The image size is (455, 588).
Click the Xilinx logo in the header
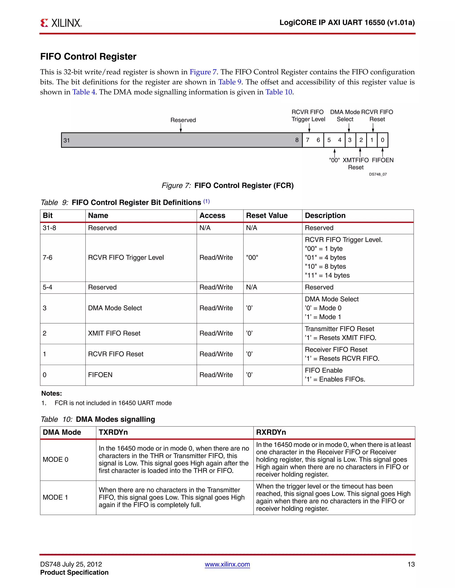coord(61,23)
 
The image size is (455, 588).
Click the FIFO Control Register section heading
coord(88,57)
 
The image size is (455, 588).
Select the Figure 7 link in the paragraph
coord(203,72)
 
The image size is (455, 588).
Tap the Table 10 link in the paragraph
coord(279,92)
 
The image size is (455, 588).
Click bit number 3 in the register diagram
coord(350,140)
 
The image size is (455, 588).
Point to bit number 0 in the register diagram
coord(382,140)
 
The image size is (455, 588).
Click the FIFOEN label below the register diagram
coord(383,160)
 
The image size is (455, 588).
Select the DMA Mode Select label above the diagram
coord(345,116)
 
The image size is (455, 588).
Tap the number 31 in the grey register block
coord(67,140)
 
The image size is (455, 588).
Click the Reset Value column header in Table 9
coord(267,215)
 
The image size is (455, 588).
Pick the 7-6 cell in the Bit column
coord(48,258)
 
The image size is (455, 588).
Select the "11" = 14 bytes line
coord(327,275)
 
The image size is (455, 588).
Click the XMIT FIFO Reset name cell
coord(114,333)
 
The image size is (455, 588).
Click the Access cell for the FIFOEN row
coord(216,375)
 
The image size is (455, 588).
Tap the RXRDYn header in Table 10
coord(271,432)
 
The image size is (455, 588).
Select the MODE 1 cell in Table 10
coord(55,497)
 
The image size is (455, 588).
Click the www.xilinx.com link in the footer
coord(227,564)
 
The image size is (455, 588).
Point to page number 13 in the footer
coord(411,564)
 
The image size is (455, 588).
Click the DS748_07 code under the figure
coord(378,174)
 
